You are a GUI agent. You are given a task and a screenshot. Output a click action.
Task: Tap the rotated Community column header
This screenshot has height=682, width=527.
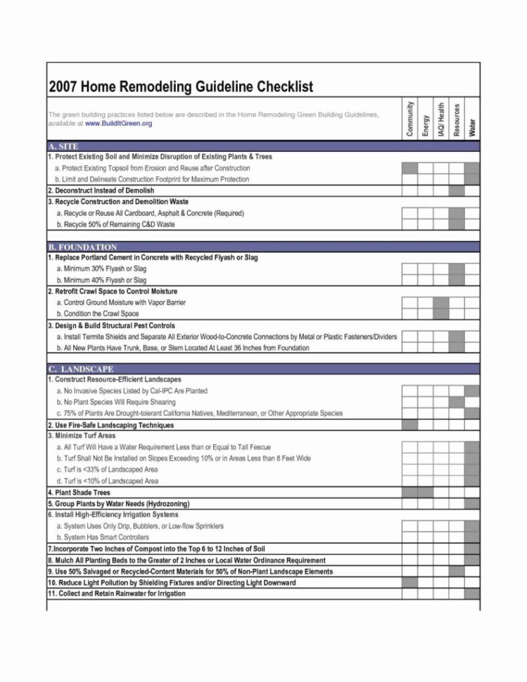(409, 118)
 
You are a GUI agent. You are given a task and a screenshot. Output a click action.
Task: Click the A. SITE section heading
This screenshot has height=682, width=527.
(63, 146)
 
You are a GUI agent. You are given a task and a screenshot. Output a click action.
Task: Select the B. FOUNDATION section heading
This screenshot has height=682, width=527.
(82, 247)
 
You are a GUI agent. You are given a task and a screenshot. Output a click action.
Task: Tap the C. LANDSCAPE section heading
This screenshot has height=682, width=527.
(81, 368)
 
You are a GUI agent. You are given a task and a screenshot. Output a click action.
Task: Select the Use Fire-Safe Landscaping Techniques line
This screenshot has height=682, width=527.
(110, 425)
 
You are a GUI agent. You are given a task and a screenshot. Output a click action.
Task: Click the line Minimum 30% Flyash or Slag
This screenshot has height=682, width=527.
(101, 269)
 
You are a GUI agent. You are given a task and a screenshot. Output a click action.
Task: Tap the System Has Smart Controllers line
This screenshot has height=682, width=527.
(103, 537)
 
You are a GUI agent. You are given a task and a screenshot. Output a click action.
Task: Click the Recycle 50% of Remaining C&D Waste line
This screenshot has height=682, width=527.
(115, 224)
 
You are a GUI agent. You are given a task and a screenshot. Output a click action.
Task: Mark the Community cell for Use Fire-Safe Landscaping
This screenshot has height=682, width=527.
(409, 425)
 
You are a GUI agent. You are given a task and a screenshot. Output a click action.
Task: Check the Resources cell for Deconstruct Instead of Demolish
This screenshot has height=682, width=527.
(457, 191)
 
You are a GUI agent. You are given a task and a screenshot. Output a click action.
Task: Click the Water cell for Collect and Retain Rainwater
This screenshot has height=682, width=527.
(472, 594)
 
